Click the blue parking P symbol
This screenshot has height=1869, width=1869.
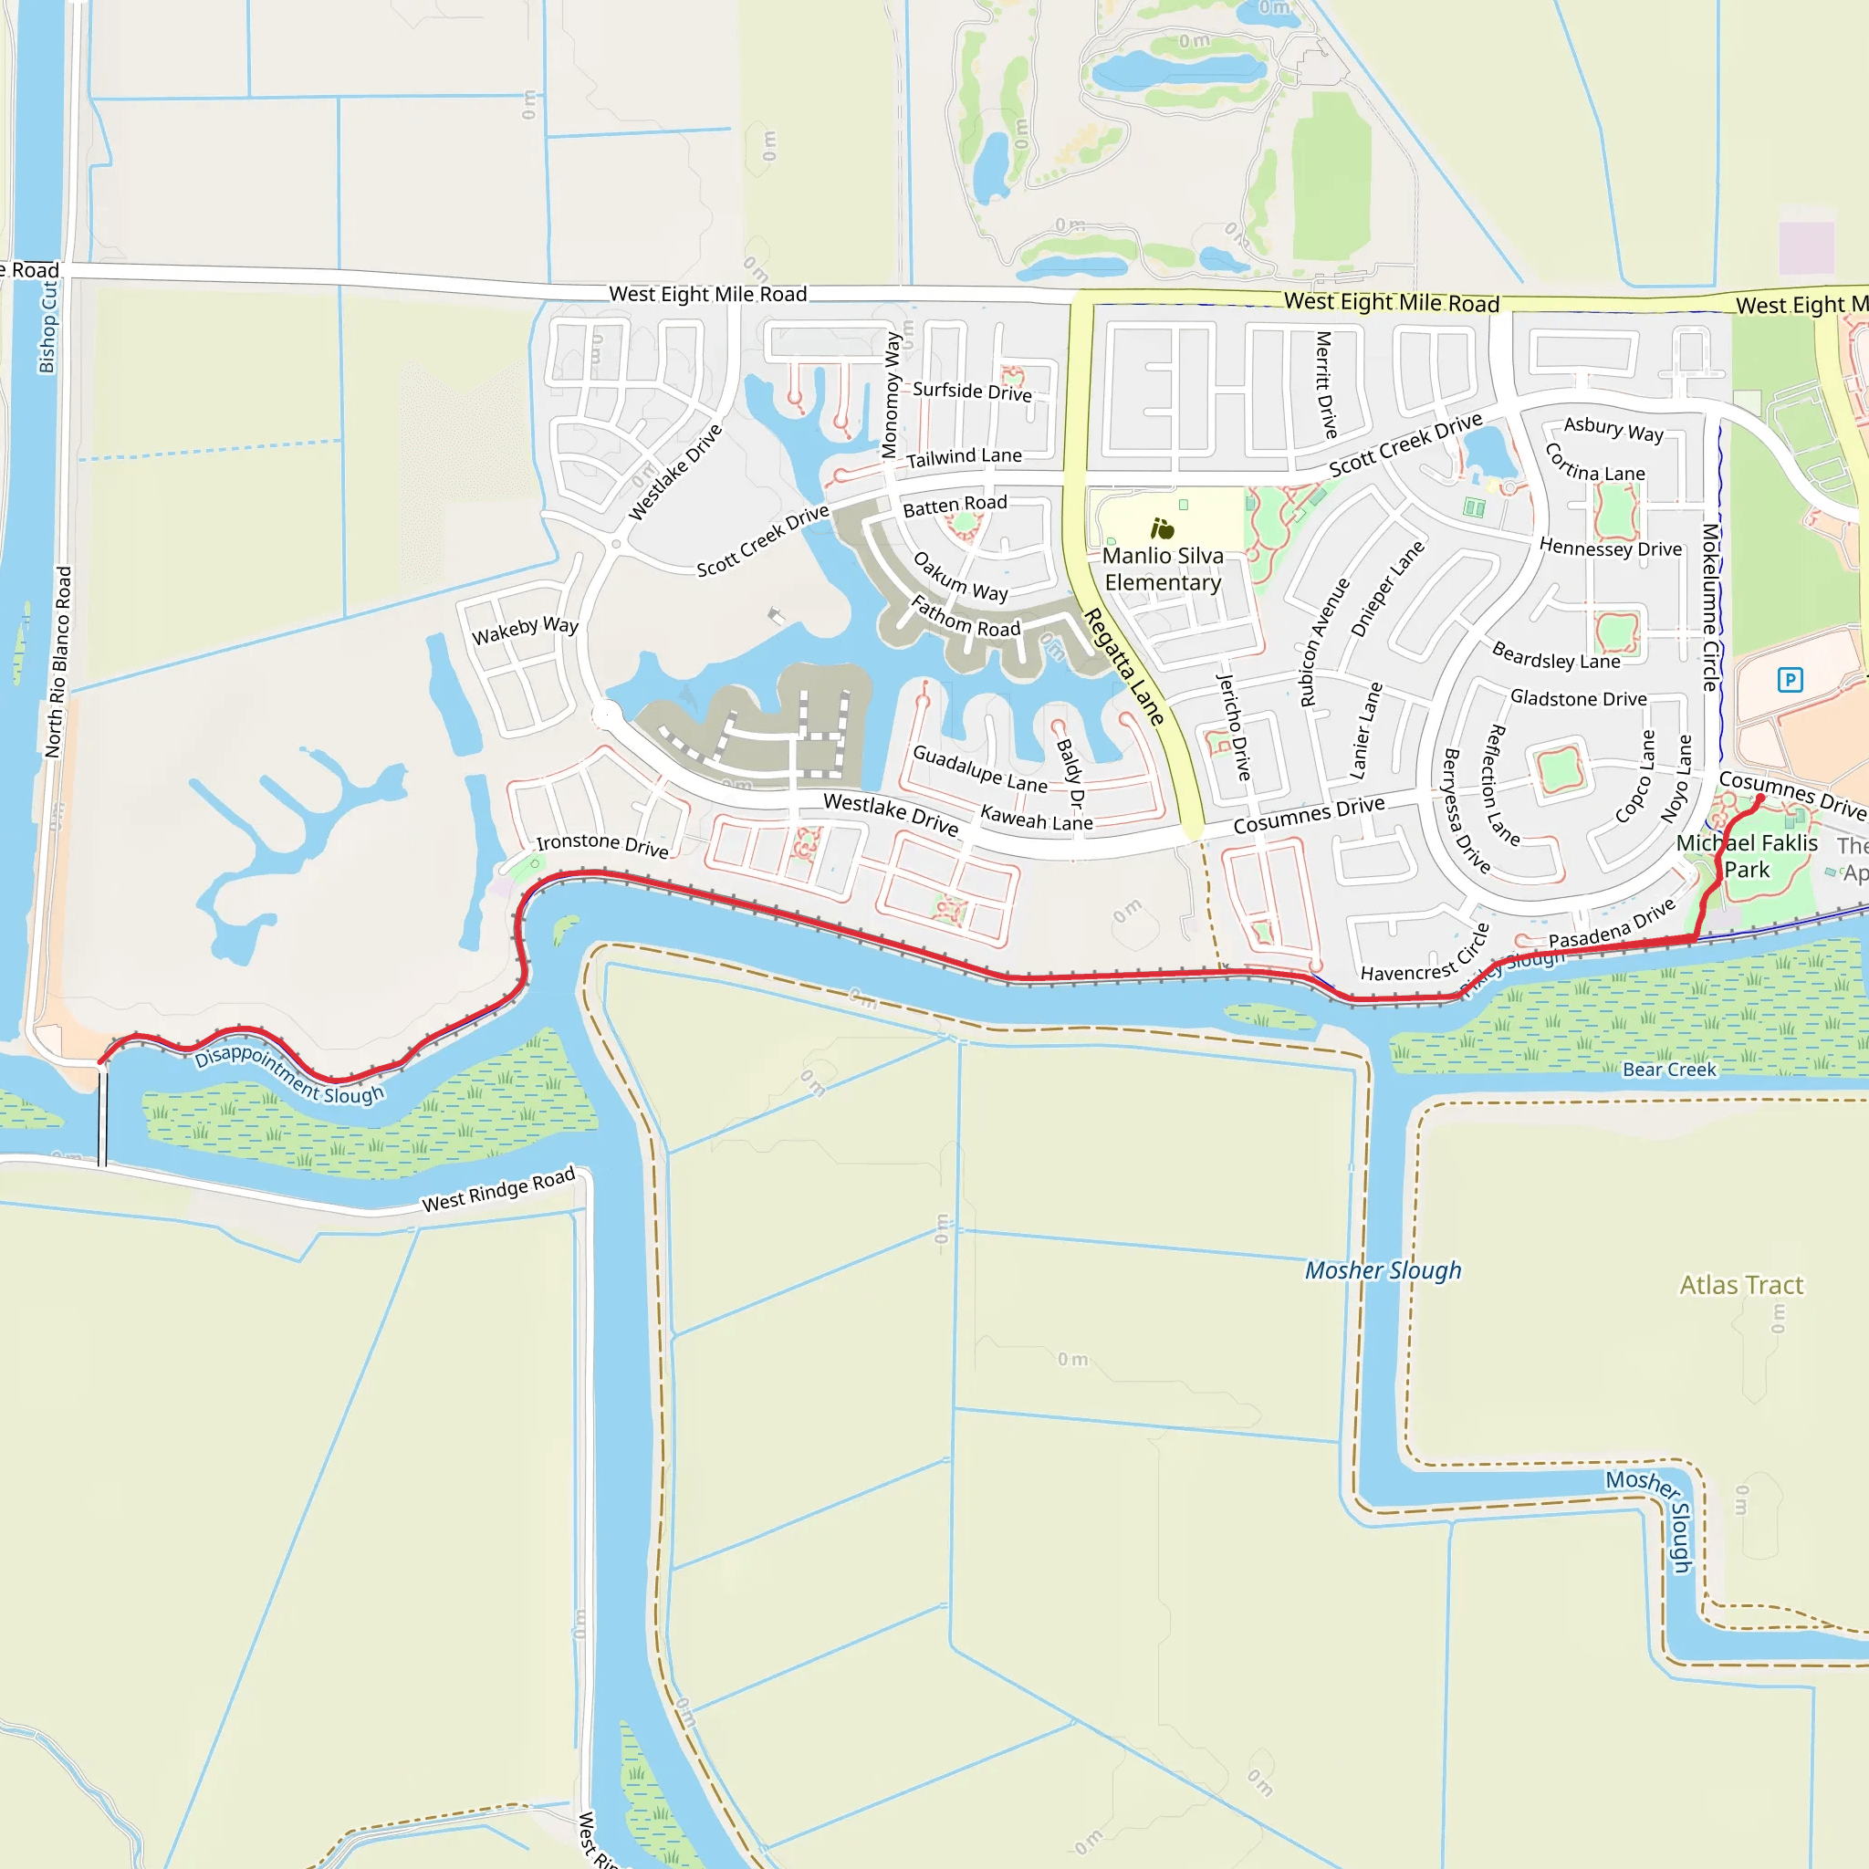[x=1790, y=680]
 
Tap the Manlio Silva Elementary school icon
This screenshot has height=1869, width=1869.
[x=1162, y=528]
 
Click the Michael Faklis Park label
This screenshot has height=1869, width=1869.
[x=1746, y=856]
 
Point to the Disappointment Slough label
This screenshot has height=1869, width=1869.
[x=289, y=1073]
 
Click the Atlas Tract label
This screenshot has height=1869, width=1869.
[x=1740, y=1285]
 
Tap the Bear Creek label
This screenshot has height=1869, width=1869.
[x=1669, y=1069]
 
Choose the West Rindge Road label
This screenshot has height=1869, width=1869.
[x=498, y=1189]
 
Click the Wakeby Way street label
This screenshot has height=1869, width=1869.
[x=525, y=630]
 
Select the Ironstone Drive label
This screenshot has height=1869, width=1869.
[x=601, y=844]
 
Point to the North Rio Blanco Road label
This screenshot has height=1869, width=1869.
[x=58, y=662]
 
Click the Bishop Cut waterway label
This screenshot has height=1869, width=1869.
[x=47, y=327]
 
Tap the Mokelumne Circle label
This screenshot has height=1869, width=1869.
[x=1710, y=607]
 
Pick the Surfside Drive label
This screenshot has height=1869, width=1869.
[x=971, y=391]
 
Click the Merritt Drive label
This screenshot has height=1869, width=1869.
[x=1325, y=384]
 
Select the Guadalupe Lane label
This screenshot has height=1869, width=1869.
[x=979, y=768]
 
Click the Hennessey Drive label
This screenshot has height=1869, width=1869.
[x=1610, y=548]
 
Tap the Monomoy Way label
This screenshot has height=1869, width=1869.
[x=891, y=394]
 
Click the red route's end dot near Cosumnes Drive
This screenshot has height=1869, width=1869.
[x=1759, y=799]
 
